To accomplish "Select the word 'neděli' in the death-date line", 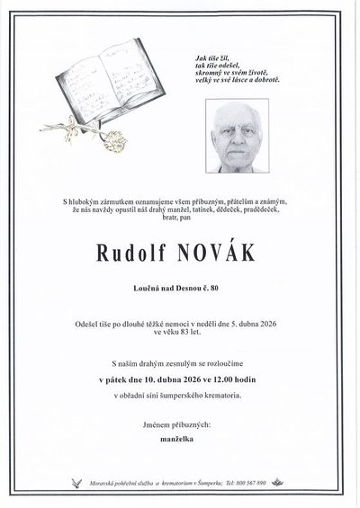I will pyautogui.click(x=228, y=322).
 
